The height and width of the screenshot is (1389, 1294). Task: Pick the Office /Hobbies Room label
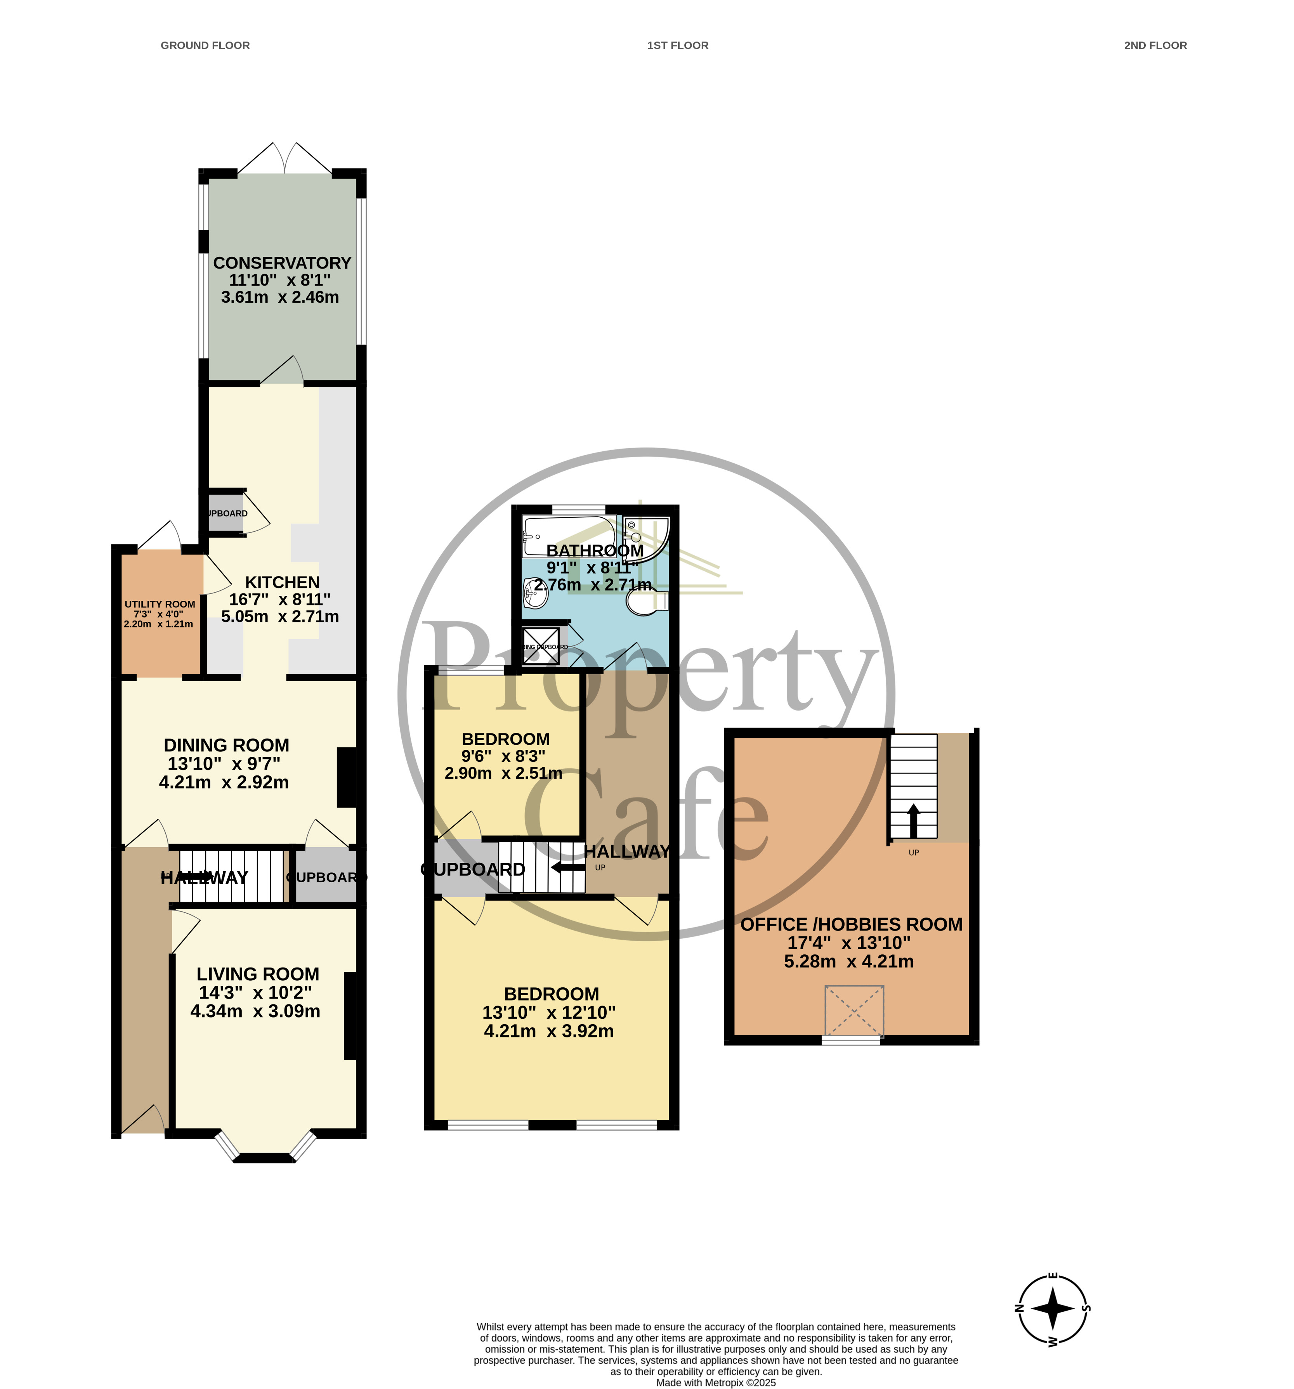pos(851,924)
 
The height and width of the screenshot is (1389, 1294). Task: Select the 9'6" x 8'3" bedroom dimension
pos(503,756)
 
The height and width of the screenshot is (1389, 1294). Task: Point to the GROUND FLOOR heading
pos(205,45)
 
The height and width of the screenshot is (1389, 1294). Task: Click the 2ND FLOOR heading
pos(1155,45)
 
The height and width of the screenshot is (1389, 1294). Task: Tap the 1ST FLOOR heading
pos(677,45)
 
